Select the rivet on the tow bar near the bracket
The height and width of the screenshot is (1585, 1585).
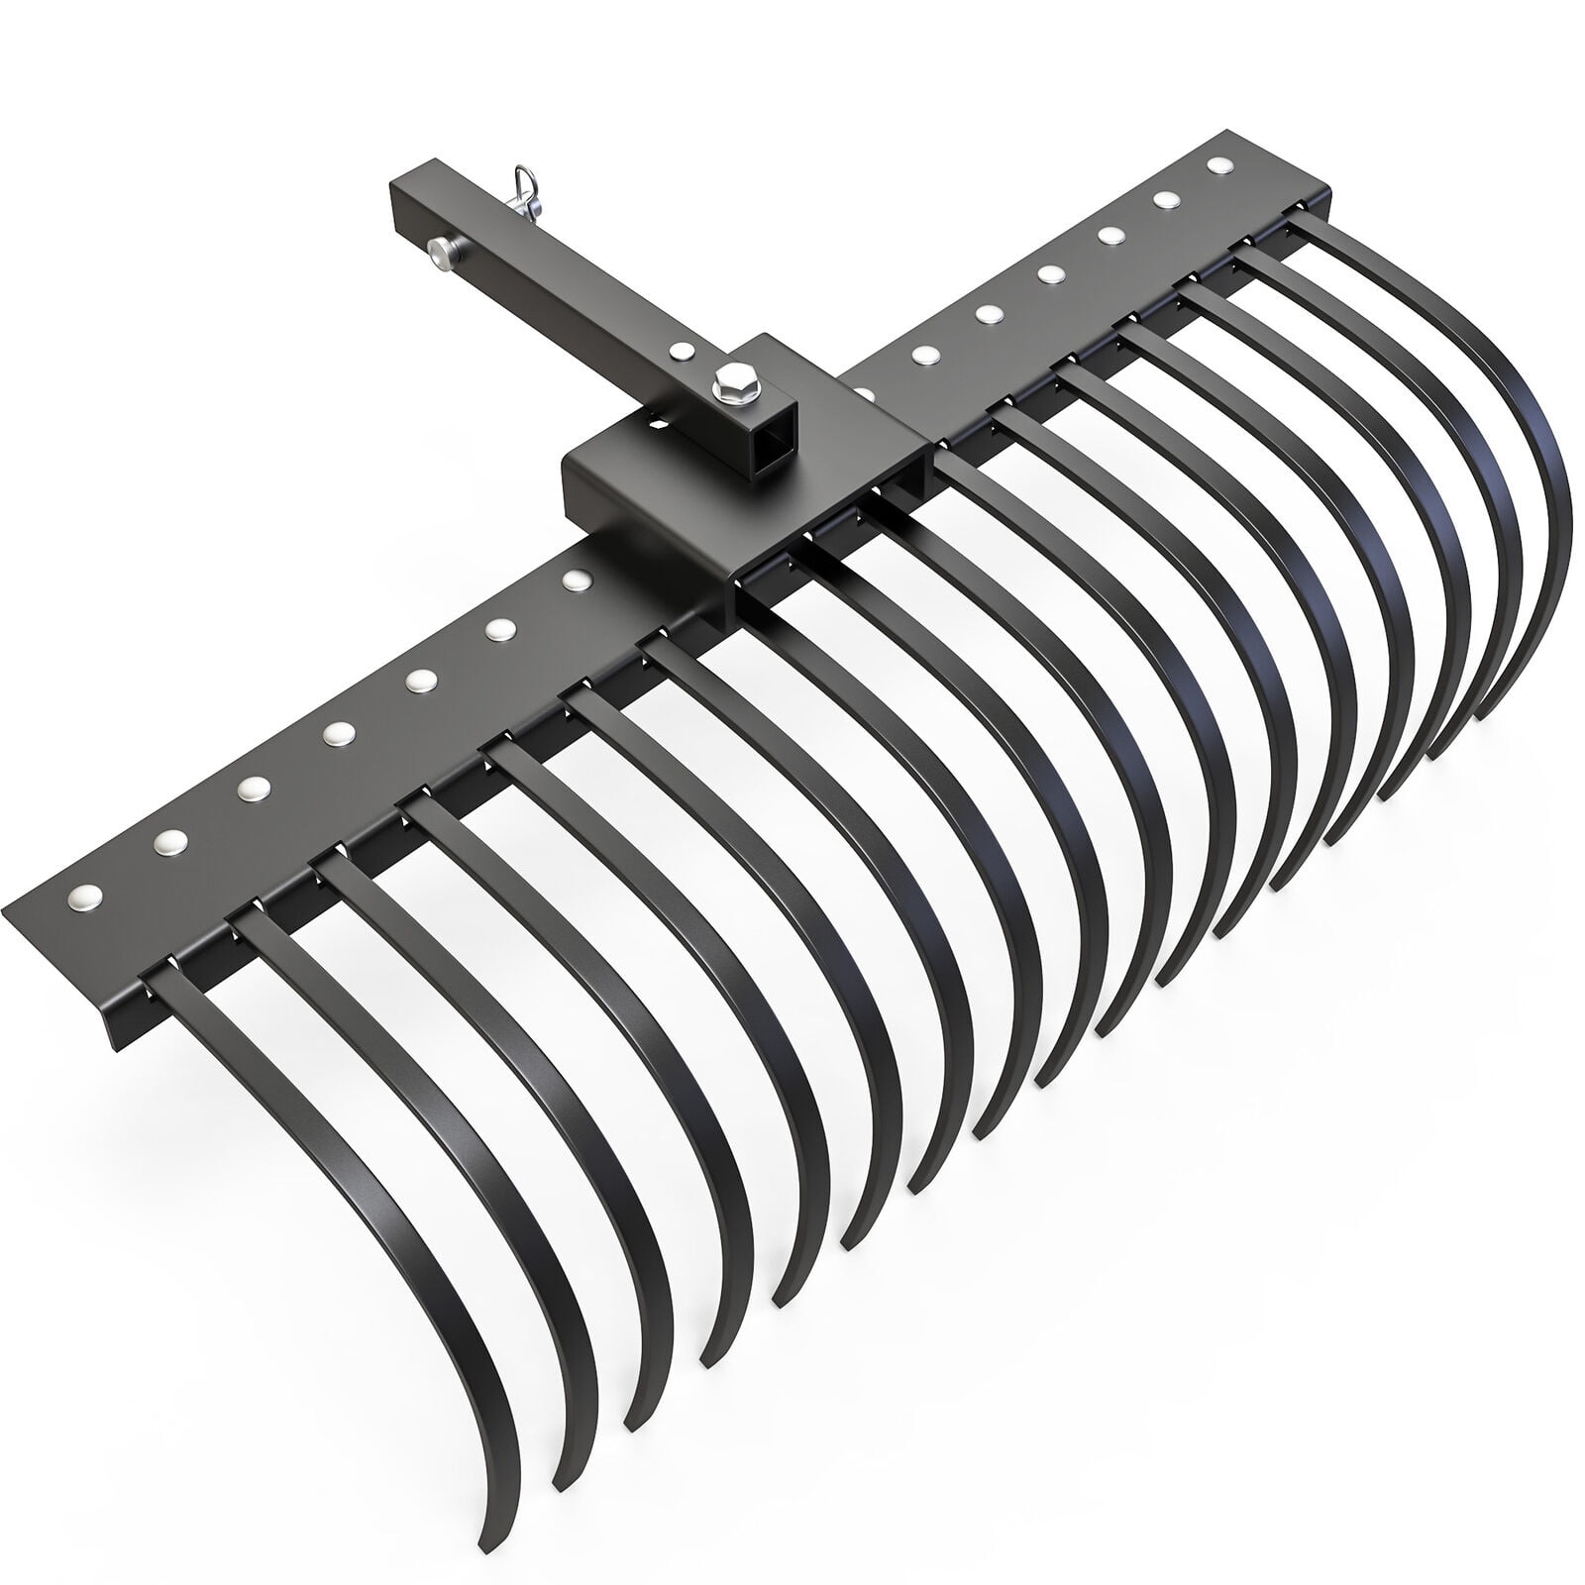click(682, 350)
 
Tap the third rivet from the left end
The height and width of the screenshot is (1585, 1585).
click(253, 786)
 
